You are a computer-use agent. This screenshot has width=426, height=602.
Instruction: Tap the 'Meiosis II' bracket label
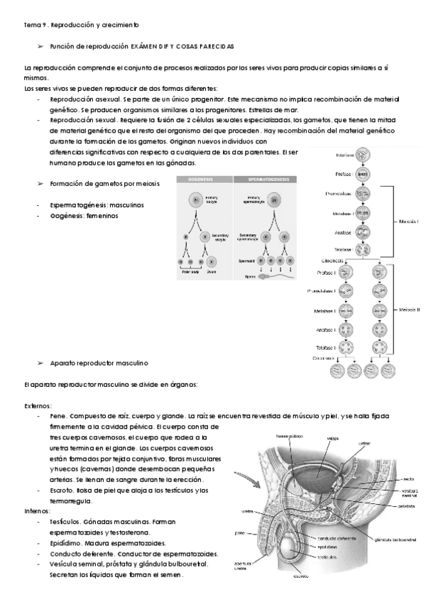(410, 310)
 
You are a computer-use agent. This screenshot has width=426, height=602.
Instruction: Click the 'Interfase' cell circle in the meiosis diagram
(363, 155)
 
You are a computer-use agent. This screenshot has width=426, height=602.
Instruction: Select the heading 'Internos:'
(38, 510)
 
